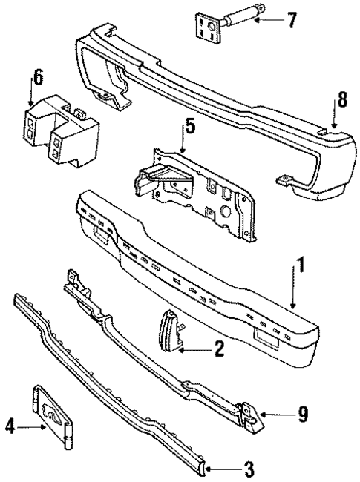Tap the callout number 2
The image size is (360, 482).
(218, 349)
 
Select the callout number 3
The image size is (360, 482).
(249, 469)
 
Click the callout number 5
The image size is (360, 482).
(190, 127)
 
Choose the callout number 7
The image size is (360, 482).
(292, 19)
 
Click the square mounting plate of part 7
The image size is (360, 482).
(205, 27)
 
